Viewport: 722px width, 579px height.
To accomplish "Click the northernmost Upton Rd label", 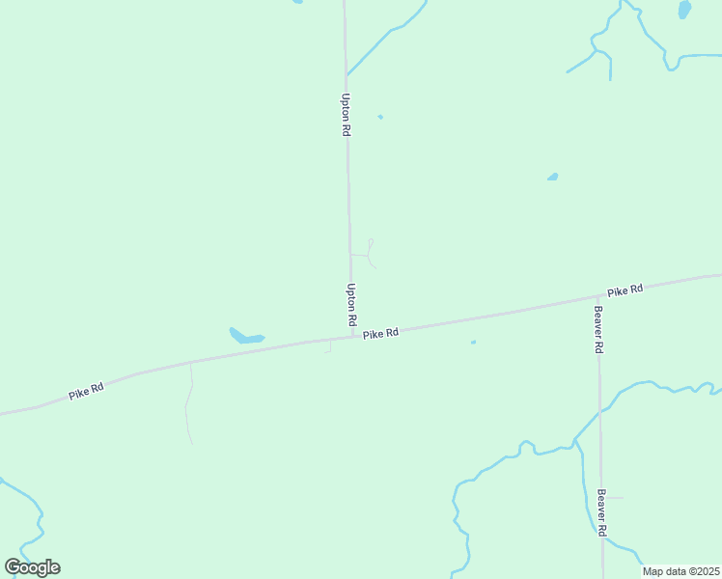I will [345, 114].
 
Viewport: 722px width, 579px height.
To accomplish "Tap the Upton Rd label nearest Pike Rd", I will [351, 303].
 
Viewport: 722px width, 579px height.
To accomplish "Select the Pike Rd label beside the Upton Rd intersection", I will [381, 333].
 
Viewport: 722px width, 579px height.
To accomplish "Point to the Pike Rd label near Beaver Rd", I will [625, 289].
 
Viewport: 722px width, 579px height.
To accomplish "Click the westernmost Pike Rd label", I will [86, 391].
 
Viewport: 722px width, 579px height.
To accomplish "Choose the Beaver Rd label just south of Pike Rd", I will [598, 330].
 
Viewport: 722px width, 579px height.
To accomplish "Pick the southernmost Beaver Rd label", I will [601, 512].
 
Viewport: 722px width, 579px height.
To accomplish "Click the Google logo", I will [32, 567].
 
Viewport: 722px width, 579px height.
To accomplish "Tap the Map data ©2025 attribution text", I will [680, 571].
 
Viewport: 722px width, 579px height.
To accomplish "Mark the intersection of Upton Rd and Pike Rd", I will [351, 335].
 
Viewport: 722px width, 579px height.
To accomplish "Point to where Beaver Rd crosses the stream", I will [599, 410].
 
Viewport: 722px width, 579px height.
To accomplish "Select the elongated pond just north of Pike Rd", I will [245, 337].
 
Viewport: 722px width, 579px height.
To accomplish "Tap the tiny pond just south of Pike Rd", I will [473, 342].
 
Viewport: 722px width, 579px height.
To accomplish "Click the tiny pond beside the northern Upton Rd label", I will [380, 117].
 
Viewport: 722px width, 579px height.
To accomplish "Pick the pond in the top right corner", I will [684, 10].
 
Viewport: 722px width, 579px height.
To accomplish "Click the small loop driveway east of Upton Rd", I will [370, 252].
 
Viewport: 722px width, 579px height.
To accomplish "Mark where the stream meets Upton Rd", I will [348, 73].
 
